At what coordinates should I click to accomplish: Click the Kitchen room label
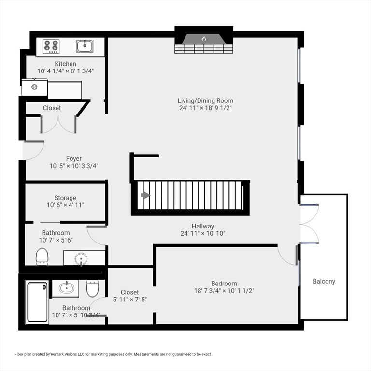[x=65, y=64]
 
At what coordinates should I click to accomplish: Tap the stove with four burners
[x=51, y=46]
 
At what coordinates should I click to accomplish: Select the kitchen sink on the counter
[x=85, y=46]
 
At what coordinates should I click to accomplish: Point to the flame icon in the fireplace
[x=203, y=38]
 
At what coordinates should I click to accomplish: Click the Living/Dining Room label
[x=205, y=101]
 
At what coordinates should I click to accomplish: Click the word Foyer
[x=74, y=158]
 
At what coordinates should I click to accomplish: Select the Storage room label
[x=65, y=198]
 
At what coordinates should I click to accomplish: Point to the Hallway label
[x=202, y=226]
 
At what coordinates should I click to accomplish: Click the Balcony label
[x=324, y=281]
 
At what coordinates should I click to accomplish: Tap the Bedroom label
[x=224, y=284]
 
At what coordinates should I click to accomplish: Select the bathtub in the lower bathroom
[x=37, y=302]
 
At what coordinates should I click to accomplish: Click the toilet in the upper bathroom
[x=42, y=256]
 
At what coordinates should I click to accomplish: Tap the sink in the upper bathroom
[x=81, y=258]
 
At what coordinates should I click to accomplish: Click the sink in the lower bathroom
[x=66, y=288]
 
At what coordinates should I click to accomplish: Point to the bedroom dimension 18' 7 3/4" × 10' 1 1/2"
[x=224, y=291]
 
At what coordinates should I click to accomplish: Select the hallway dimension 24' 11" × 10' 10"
[x=202, y=233]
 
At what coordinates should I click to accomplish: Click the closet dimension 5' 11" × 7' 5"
[x=129, y=300]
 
